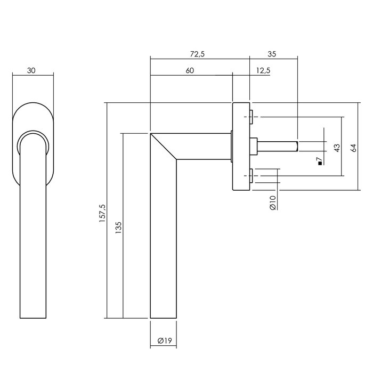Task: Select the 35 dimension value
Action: [272, 54]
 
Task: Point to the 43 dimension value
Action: [336, 149]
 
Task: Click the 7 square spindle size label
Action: [320, 159]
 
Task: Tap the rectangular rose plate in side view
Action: [241, 145]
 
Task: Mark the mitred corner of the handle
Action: [163, 145]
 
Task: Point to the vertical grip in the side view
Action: [163, 240]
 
